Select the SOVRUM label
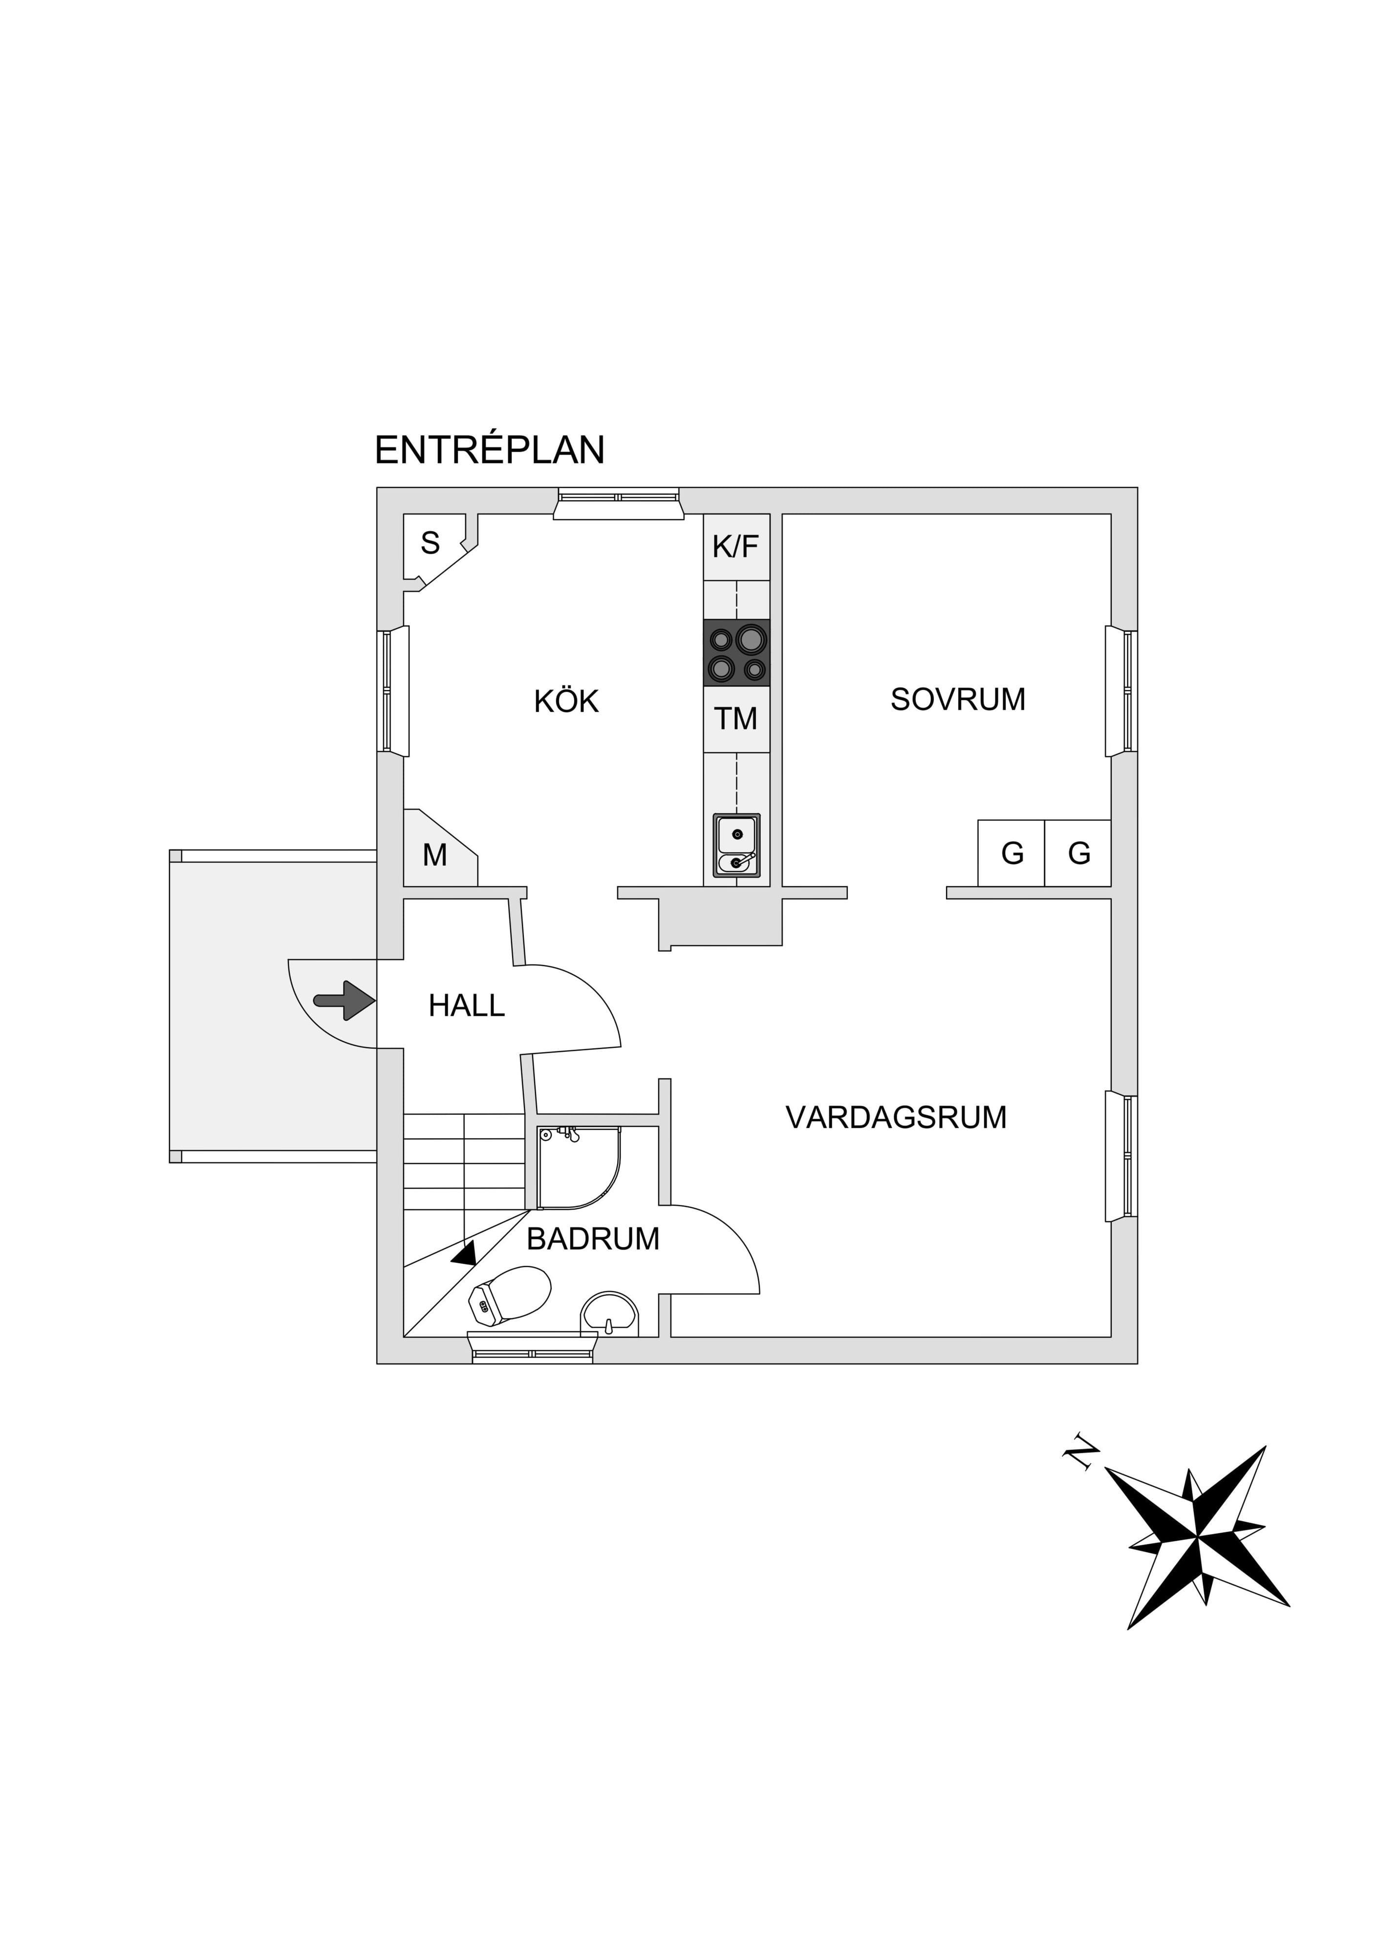[958, 699]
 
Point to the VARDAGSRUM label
[896, 1117]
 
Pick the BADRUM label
[593, 1239]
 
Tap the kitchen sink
[736, 845]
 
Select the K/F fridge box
[736, 547]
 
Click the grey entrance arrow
[344, 1000]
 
